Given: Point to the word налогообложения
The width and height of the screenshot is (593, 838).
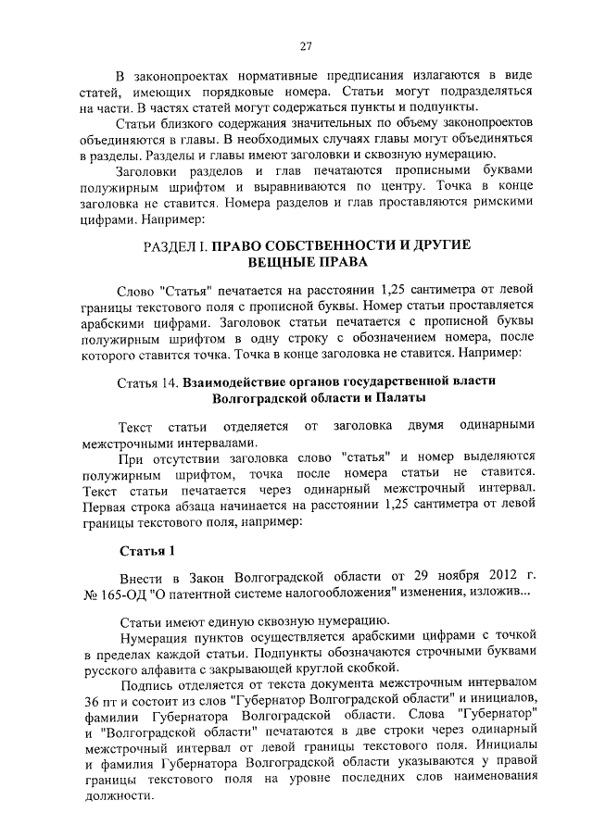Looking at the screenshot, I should pyautogui.click(x=331, y=592).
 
